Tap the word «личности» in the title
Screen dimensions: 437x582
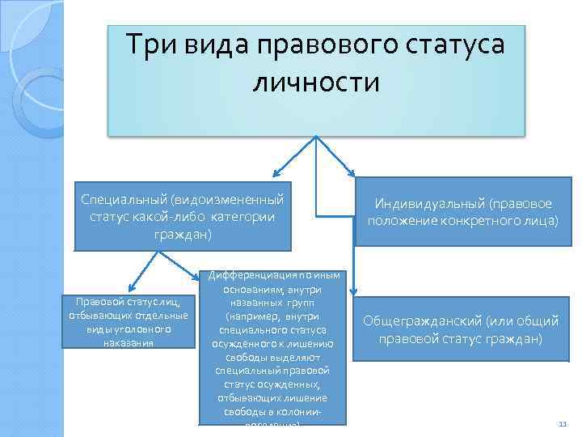pos(315,82)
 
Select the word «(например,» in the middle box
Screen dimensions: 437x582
pos(252,316)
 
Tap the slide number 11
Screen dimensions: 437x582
pos(563,424)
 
